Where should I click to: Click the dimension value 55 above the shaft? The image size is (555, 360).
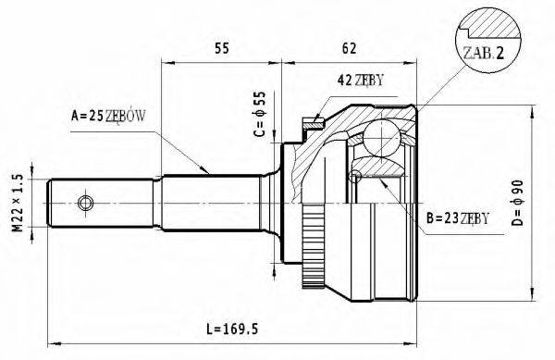[x=222, y=48]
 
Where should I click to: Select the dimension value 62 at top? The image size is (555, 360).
[x=349, y=48]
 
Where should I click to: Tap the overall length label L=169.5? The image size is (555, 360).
[x=232, y=329]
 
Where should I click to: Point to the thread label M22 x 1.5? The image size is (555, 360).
[x=18, y=203]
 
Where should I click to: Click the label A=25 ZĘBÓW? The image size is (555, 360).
[x=108, y=116]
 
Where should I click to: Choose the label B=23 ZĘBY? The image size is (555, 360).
[x=458, y=218]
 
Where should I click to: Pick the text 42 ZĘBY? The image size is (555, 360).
[x=361, y=81]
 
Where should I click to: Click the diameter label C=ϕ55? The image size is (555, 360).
[x=259, y=114]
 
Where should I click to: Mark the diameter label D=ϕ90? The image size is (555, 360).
[x=517, y=203]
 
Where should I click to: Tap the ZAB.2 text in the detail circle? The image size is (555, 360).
[x=484, y=53]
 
